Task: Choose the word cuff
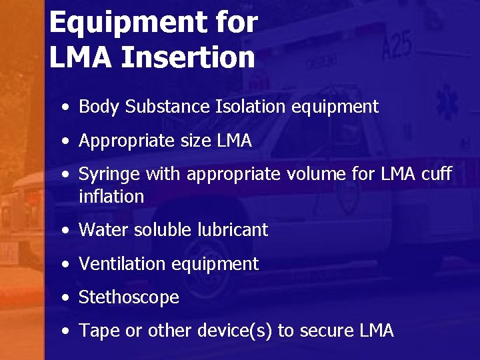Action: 437,175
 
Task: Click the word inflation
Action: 111,197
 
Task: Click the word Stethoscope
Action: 129,297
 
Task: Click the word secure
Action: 327,331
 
